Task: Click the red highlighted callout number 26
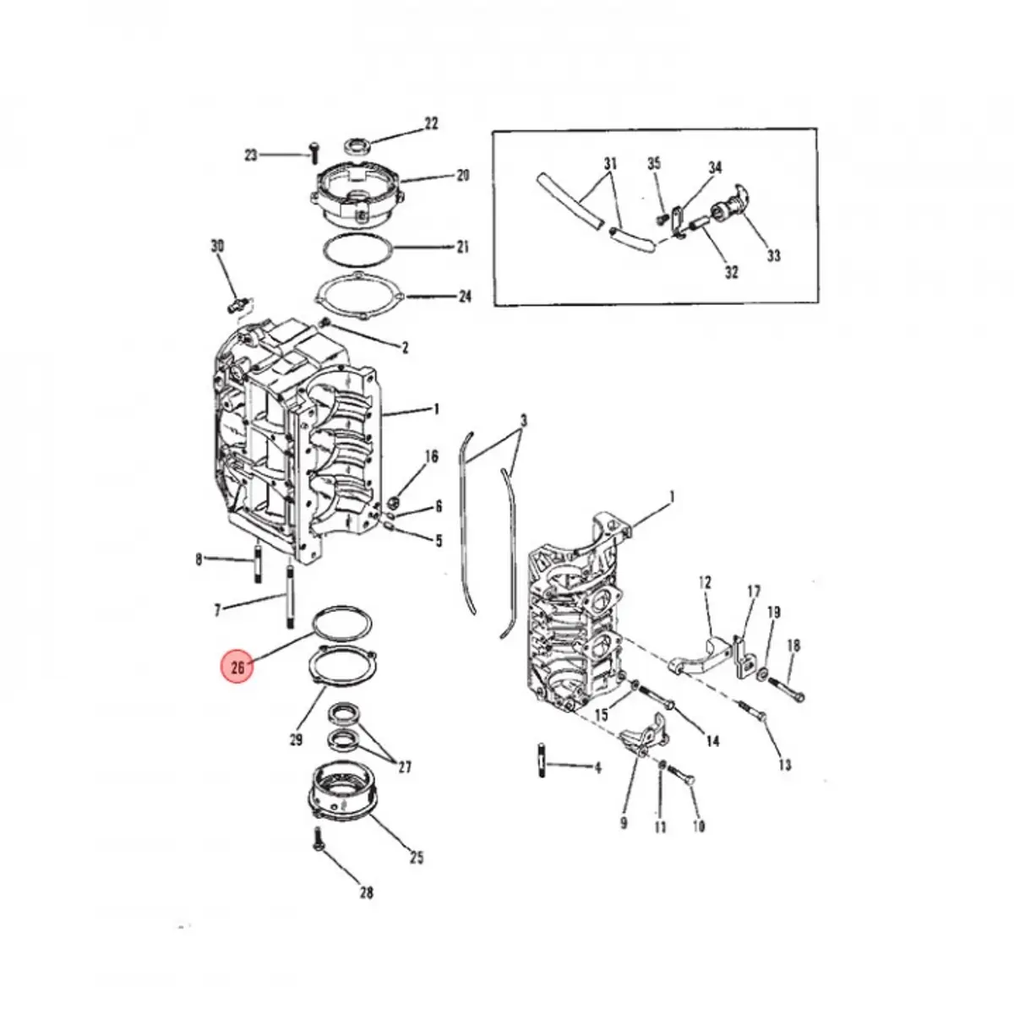click(x=237, y=668)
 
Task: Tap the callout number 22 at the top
click(x=431, y=123)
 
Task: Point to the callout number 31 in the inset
click(x=610, y=163)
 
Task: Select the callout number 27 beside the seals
click(x=405, y=767)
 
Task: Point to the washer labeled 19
click(x=763, y=674)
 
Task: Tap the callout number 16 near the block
click(x=431, y=457)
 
